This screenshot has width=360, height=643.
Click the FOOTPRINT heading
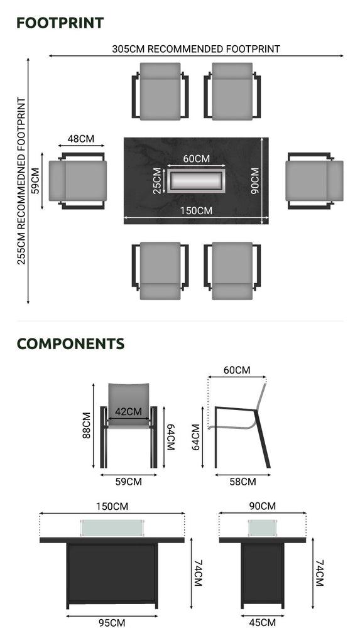[60, 23]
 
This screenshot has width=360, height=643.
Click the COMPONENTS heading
[70, 343]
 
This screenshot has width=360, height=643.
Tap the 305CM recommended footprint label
[196, 49]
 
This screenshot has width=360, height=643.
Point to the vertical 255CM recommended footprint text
[21, 181]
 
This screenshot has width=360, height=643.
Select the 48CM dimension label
[81, 139]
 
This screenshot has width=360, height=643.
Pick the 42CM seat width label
[128, 411]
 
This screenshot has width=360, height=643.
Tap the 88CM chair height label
[86, 425]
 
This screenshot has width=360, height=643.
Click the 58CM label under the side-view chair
[243, 482]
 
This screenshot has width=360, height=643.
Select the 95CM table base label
[112, 623]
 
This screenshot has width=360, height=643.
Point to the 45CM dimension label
[262, 623]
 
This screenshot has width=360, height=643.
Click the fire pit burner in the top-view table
[196, 180]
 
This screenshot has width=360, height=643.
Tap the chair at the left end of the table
[77, 181]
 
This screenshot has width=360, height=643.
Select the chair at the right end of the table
[314, 181]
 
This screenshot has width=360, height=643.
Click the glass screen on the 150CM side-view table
[112, 527]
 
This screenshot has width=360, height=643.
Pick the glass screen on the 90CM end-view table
[262, 527]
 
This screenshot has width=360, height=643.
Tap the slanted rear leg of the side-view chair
[263, 439]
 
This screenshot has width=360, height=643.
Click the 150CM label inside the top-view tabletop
[196, 211]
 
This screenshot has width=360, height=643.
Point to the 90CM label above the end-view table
[262, 506]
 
